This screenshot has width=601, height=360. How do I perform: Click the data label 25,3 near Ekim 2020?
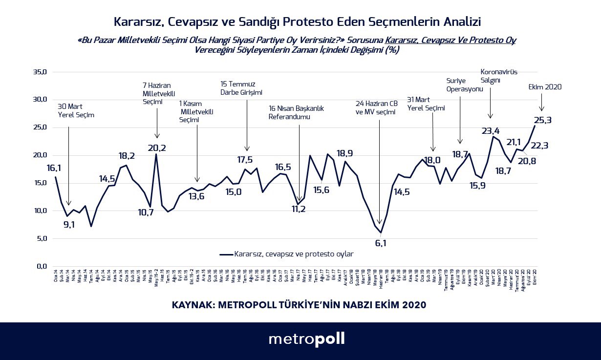(546, 120)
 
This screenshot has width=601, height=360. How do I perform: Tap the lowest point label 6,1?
(381, 243)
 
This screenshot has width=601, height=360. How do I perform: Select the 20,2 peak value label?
(157, 148)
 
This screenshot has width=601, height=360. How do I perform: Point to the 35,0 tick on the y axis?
(39, 72)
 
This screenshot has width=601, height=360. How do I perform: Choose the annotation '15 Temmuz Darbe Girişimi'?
(241, 88)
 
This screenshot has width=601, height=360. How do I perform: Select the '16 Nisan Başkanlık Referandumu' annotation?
(296, 112)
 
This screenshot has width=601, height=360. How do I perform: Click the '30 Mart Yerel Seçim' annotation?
(76, 111)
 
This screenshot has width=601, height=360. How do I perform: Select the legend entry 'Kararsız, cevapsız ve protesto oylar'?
(287, 254)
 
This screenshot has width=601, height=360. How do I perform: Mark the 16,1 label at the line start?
(54, 168)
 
